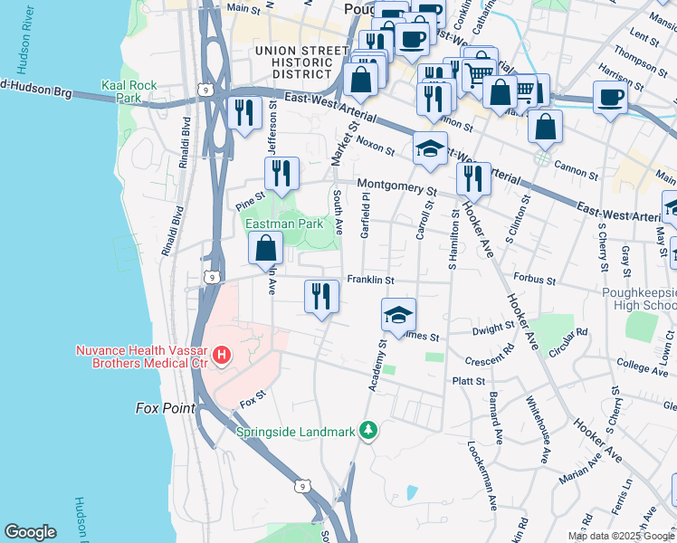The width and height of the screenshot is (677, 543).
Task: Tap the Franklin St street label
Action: click(367, 281)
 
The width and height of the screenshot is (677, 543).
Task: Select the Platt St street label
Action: click(469, 382)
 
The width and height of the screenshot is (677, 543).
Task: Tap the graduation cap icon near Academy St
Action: click(398, 316)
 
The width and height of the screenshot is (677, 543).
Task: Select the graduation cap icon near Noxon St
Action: click(430, 149)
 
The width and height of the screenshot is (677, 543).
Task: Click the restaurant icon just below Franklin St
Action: click(321, 296)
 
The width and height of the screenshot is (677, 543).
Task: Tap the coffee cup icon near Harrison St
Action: click(610, 96)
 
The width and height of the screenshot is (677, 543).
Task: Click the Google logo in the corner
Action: click(30, 532)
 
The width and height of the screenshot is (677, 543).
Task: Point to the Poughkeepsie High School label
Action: click(638, 299)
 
